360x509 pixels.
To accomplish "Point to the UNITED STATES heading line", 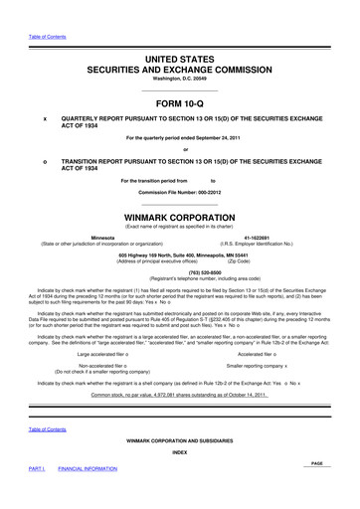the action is (x=179, y=33).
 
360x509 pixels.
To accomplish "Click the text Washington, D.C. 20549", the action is (x=179, y=56).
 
